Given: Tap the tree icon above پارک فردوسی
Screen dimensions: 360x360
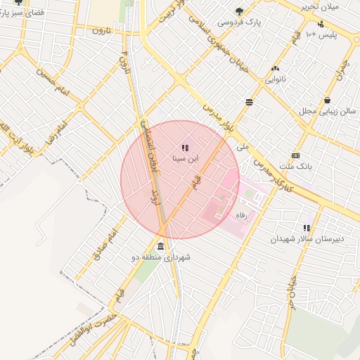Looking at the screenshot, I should click(x=239, y=11).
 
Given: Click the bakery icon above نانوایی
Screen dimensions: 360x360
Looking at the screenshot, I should click(x=275, y=68).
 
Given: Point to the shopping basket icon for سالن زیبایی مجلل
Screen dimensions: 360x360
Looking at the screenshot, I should click(x=328, y=100).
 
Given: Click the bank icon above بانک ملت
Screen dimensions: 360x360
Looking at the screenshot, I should click(x=295, y=155).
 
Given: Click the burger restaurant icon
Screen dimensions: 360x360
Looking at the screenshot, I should click(x=250, y=103).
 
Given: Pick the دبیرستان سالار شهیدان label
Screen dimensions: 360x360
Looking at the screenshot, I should click(x=309, y=239).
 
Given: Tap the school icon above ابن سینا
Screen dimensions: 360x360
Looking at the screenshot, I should click(x=185, y=148).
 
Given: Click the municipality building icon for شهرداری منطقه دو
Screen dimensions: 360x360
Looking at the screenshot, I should click(x=162, y=247).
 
